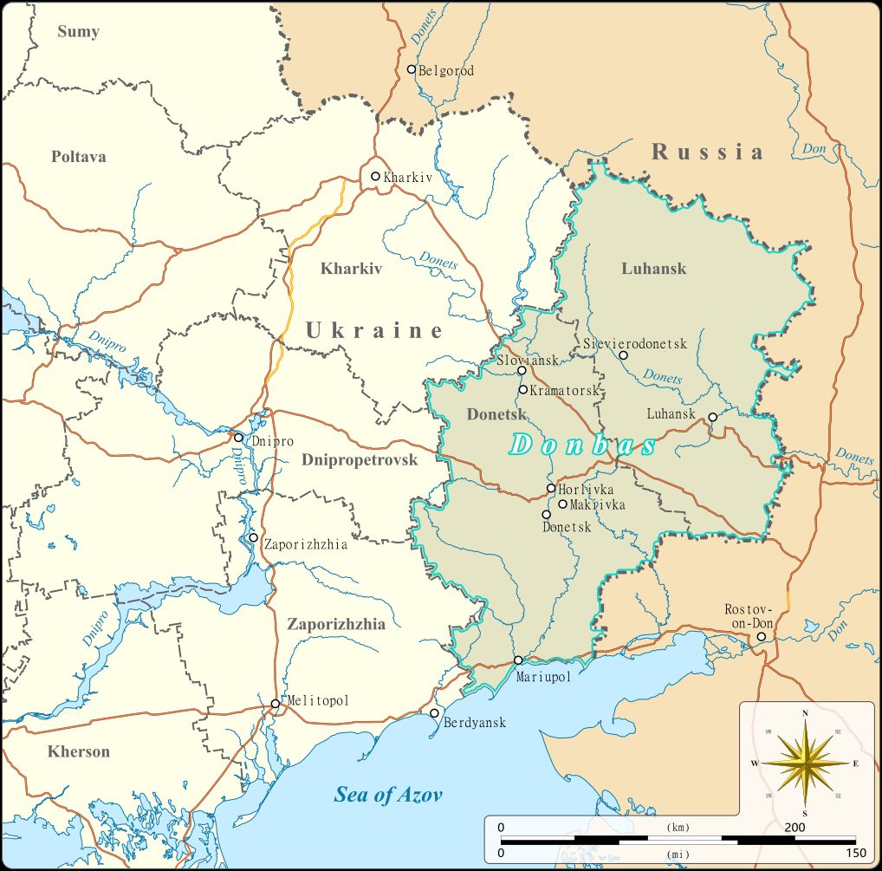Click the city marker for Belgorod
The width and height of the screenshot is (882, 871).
click(x=412, y=69)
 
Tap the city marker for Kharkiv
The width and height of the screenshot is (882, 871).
click(x=375, y=177)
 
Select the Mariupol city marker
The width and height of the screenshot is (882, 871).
click(x=518, y=660)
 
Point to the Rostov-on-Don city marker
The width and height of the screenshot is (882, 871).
click(x=762, y=637)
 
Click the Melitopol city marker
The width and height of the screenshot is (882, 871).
click(x=275, y=703)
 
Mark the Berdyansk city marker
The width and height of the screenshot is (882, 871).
click(x=434, y=713)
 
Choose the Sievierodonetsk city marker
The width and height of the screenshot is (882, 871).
click(x=623, y=355)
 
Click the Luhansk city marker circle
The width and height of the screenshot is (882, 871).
click(x=713, y=417)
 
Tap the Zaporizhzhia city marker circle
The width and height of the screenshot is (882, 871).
click(x=253, y=537)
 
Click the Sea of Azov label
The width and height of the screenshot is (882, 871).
click(x=389, y=794)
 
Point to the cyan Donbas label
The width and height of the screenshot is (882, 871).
click(x=582, y=445)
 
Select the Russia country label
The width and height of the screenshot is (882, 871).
click(x=708, y=153)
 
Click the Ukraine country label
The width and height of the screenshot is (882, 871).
click(x=373, y=330)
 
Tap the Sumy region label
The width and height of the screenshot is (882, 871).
click(x=78, y=32)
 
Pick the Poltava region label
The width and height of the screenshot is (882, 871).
click(x=78, y=157)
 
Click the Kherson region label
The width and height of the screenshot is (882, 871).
click(x=79, y=751)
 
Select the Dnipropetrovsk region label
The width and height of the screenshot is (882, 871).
click(x=360, y=460)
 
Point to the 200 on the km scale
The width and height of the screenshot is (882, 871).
click(x=793, y=828)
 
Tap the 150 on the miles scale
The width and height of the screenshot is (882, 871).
click(x=855, y=854)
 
